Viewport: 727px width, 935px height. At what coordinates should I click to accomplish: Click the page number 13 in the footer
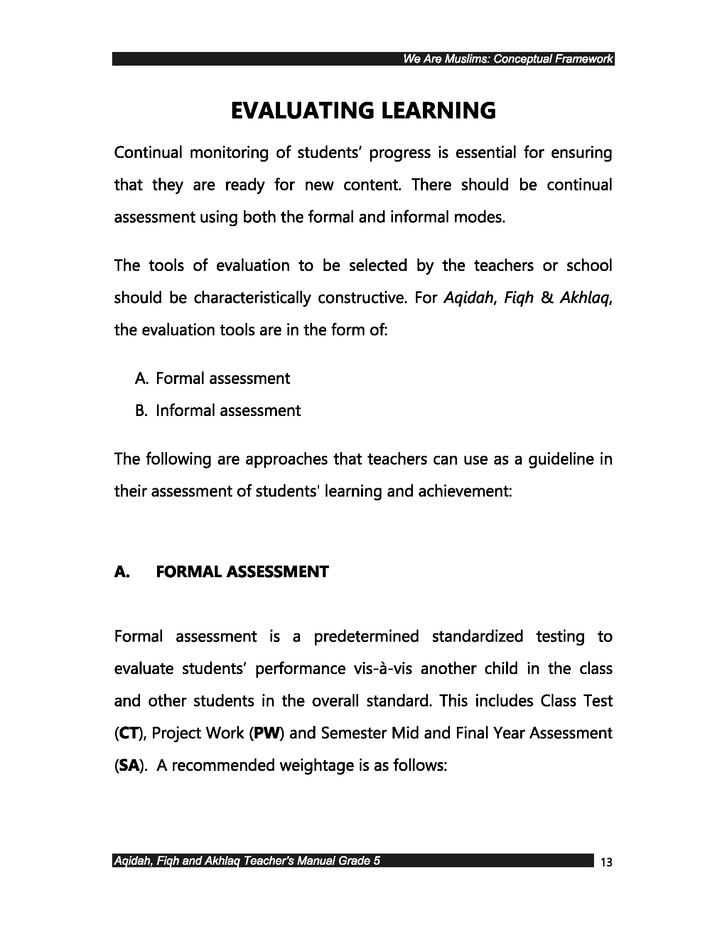[606, 862]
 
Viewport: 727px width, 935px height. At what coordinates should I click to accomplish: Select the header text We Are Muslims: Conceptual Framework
[508, 59]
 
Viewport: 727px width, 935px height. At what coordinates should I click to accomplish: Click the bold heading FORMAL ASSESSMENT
[242, 571]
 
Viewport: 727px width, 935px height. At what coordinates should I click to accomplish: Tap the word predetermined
[366, 637]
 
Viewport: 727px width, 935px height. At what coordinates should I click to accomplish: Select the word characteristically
[252, 298]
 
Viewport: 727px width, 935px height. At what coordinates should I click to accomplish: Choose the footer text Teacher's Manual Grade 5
[312, 861]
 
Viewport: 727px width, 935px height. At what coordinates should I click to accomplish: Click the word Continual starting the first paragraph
[148, 153]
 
